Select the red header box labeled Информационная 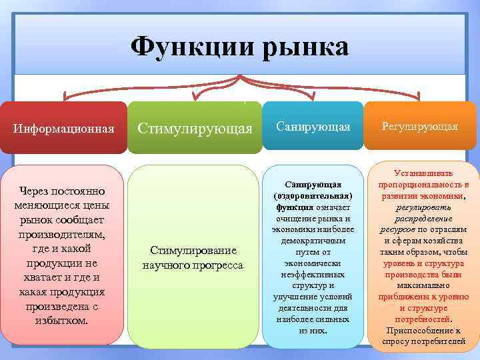point(63,127)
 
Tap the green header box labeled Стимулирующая point(195,127)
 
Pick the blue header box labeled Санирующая point(313,127)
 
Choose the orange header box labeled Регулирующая point(420,127)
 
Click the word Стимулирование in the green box point(193,251)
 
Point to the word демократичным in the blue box point(313,241)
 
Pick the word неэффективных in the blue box point(313,274)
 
